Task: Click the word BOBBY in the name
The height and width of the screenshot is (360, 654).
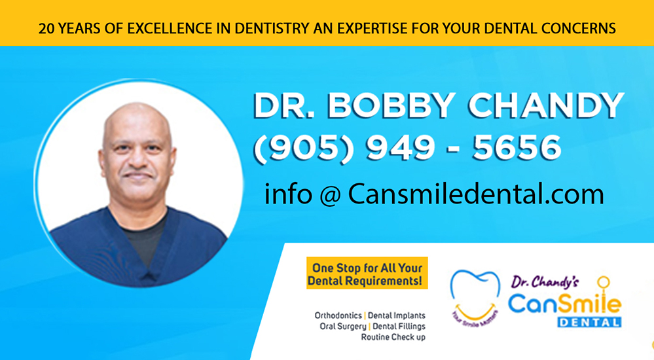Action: (x=391, y=106)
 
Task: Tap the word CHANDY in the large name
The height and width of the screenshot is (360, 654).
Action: (x=547, y=106)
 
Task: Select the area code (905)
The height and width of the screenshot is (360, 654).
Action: (x=304, y=148)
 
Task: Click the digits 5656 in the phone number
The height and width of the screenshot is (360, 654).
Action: (x=517, y=148)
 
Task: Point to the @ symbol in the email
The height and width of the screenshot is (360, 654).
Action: (x=330, y=195)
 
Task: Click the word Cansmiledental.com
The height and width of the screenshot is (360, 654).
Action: (x=476, y=194)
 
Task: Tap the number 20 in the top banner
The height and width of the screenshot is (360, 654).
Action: (x=46, y=28)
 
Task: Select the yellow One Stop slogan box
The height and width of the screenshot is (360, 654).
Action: (x=367, y=273)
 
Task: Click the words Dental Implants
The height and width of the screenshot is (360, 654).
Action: (x=397, y=315)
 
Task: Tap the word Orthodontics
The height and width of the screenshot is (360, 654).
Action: (x=338, y=315)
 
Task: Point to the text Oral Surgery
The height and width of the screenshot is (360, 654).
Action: (x=343, y=327)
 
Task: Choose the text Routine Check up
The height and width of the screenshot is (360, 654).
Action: (x=393, y=337)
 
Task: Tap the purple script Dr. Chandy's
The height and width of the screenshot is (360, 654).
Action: (x=545, y=282)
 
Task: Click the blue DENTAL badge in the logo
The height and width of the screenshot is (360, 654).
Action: (x=589, y=322)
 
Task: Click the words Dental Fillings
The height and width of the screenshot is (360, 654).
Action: (x=399, y=327)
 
